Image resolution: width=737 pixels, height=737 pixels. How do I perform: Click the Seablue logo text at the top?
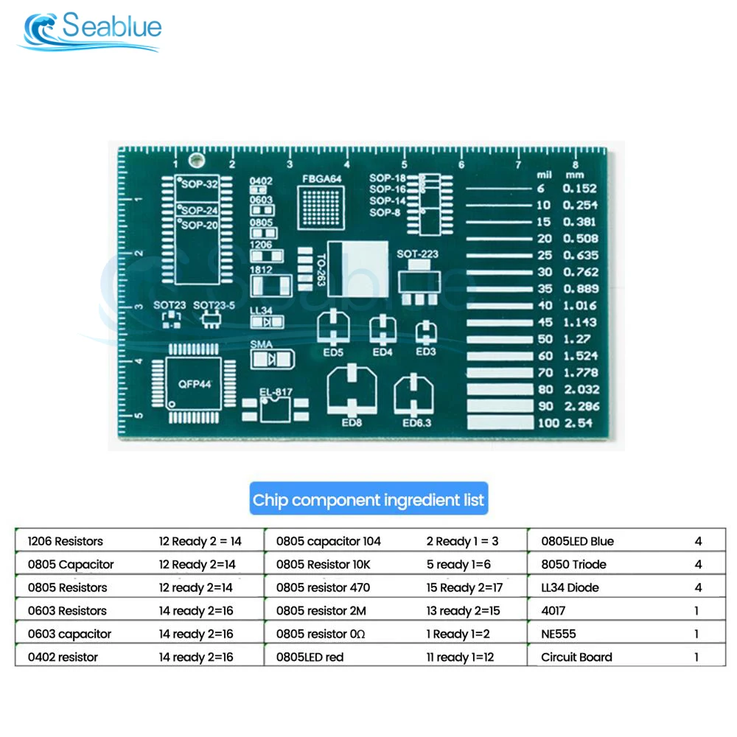pyautogui.click(x=111, y=27)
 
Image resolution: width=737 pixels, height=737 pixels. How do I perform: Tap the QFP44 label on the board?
pyautogui.click(x=195, y=384)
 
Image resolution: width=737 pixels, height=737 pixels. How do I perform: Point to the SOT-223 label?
pyautogui.click(x=417, y=254)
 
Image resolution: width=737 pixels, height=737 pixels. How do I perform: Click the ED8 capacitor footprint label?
pyautogui.click(x=351, y=423)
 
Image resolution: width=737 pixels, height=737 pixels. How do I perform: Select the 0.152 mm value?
pyautogui.click(x=581, y=189)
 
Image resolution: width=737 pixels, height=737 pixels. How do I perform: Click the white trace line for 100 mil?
pyautogui.click(x=499, y=423)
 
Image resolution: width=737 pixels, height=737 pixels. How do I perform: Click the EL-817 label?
pyautogui.click(x=275, y=391)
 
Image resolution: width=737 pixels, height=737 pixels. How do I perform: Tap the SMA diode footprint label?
pyautogui.click(x=260, y=344)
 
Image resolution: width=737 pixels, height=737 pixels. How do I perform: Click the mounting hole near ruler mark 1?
pyautogui.click(x=196, y=160)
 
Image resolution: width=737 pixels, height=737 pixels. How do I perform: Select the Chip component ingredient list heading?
pyautogui.click(x=368, y=500)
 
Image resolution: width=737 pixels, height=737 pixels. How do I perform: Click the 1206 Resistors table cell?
pyautogui.click(x=66, y=541)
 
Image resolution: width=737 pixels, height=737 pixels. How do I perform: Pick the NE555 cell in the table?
pyautogui.click(x=559, y=634)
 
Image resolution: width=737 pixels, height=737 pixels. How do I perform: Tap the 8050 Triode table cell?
pyautogui.click(x=573, y=565)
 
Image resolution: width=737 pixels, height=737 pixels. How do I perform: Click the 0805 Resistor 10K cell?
pyautogui.click(x=323, y=565)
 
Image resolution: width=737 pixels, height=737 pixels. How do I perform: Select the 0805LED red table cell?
pyautogui.click(x=310, y=657)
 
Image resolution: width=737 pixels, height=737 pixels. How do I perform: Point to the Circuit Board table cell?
pyautogui.click(x=576, y=657)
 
